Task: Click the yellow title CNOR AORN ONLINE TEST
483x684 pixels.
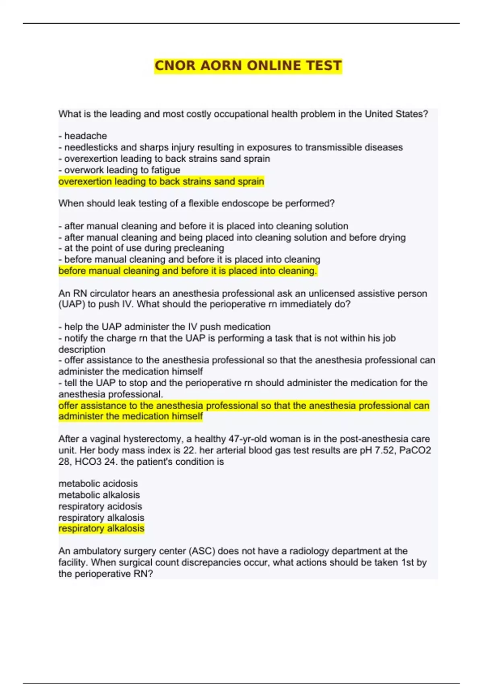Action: click(248, 66)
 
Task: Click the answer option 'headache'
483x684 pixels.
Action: click(85, 136)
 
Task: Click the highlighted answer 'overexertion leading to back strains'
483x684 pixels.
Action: click(161, 181)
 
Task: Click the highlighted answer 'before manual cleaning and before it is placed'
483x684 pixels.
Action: click(188, 271)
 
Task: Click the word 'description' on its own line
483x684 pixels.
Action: click(82, 349)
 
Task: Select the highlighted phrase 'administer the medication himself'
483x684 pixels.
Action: click(130, 416)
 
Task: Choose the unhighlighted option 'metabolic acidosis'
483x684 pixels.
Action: click(98, 484)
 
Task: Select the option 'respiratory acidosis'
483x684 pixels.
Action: click(100, 506)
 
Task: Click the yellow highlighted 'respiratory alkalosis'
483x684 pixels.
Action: click(101, 529)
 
